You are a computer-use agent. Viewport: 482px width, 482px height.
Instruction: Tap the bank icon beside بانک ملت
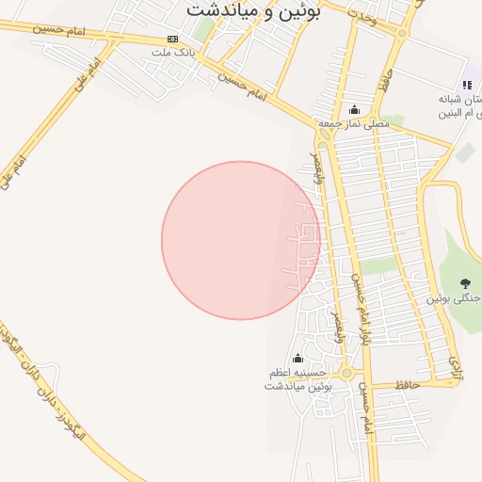click(171, 39)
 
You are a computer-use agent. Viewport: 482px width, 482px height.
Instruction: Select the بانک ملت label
click(173, 53)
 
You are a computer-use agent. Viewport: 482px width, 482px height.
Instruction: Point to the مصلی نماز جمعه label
click(353, 123)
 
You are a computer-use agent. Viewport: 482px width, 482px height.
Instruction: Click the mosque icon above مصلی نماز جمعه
click(354, 109)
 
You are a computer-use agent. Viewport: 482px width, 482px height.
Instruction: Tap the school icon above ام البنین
click(467, 85)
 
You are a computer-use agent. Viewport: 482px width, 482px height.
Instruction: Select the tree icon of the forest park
click(465, 282)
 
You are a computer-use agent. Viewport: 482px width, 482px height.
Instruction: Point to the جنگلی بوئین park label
click(456, 298)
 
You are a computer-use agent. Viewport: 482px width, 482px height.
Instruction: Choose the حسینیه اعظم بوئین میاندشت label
click(298, 379)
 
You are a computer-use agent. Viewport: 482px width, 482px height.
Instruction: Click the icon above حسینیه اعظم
click(298, 358)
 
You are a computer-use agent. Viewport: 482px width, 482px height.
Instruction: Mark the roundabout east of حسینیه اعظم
click(346, 374)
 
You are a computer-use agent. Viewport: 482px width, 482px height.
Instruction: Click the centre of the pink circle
click(241, 240)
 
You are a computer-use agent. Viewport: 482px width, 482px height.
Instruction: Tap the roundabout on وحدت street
click(402, 32)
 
